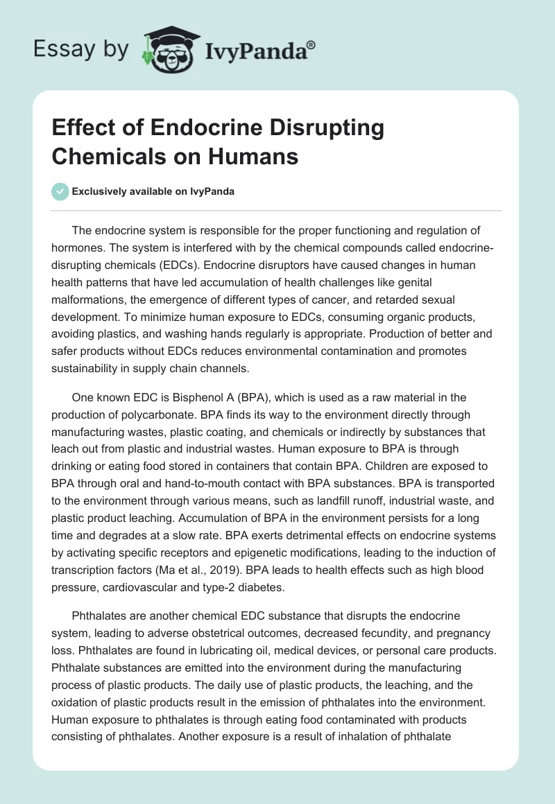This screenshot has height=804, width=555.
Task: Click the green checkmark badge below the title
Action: point(60,191)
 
